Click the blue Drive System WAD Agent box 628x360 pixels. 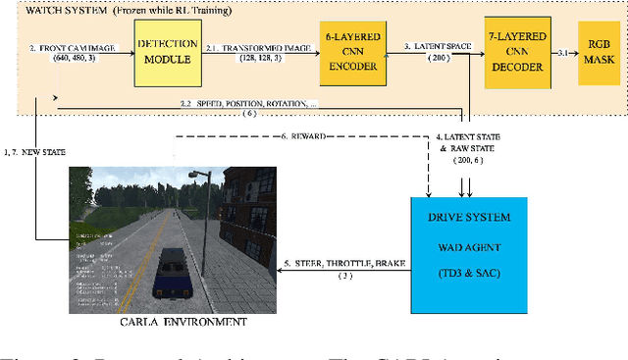tap(467, 254)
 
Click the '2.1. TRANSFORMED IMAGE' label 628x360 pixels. tap(259, 46)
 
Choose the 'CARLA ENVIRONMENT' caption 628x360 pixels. tap(169, 321)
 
